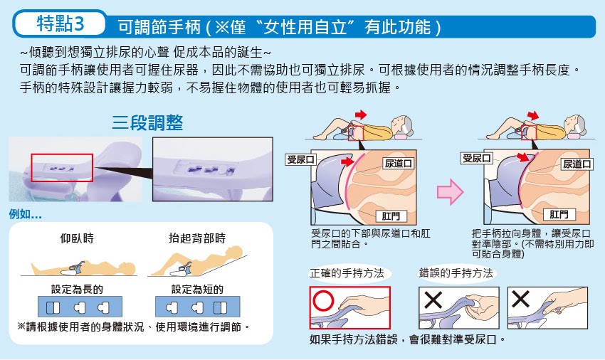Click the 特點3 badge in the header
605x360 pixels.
(x=60, y=23)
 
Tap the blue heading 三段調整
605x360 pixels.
(x=147, y=122)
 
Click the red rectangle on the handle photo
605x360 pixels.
(x=62, y=168)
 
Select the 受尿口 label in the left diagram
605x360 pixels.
(x=300, y=159)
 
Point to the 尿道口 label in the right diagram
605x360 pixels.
(x=577, y=164)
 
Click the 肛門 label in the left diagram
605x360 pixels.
(x=391, y=216)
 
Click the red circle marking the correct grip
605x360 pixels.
(x=323, y=300)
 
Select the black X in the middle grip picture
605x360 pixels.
(x=433, y=300)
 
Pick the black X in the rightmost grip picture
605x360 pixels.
(x=520, y=298)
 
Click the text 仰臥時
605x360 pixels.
(x=77, y=238)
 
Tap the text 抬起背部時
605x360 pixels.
(x=197, y=238)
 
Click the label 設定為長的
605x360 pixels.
(x=77, y=289)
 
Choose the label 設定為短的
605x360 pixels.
(x=198, y=289)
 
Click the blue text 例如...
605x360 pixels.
(x=25, y=213)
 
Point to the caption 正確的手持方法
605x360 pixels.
(x=347, y=273)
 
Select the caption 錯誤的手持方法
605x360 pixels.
(x=456, y=273)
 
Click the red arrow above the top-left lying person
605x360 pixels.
(x=361, y=115)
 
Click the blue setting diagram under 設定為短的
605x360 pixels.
(x=198, y=307)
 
